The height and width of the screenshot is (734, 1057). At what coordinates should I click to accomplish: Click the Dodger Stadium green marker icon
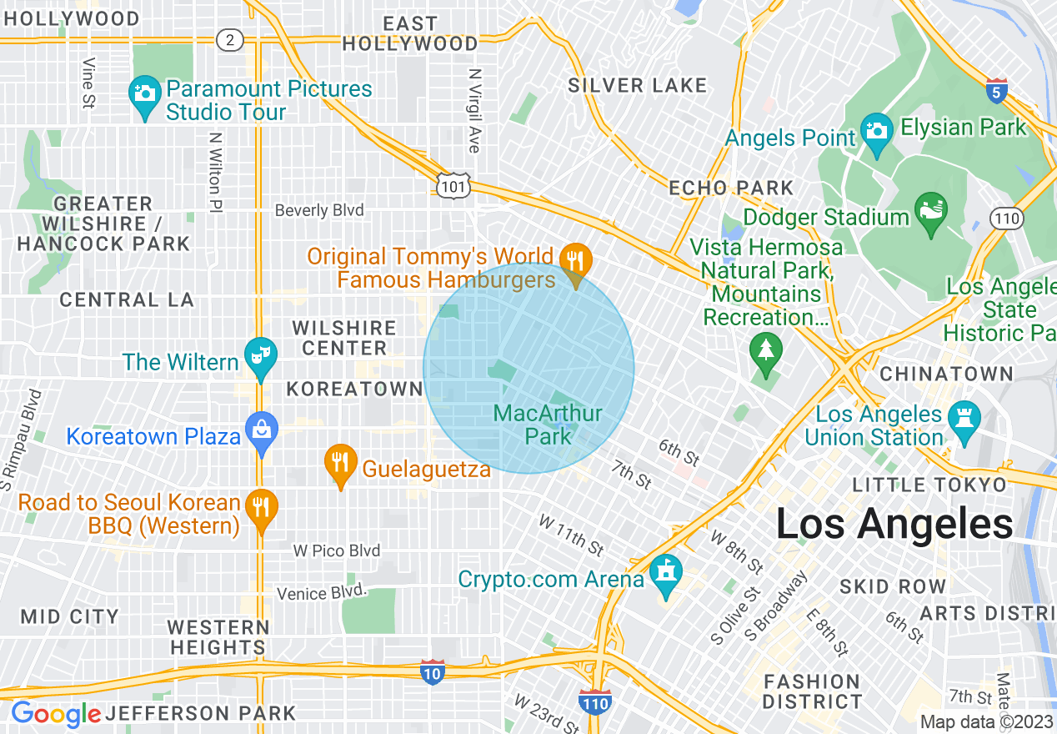[931, 208]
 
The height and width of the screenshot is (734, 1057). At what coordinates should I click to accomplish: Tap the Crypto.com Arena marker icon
[666, 574]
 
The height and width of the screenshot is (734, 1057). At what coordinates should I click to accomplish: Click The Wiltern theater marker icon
[260, 358]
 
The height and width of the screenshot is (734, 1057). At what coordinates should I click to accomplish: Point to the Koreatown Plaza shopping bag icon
[262, 431]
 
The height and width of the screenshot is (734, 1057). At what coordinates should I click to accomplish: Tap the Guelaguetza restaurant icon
[339, 463]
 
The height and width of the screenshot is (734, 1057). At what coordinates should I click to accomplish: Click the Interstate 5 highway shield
[996, 92]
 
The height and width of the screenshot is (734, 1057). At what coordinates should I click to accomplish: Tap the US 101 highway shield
[453, 186]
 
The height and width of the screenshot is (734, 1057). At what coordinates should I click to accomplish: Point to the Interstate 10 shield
[432, 671]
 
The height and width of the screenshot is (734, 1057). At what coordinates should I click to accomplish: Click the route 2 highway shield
[228, 39]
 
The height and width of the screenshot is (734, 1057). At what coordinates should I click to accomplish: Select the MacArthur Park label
[548, 424]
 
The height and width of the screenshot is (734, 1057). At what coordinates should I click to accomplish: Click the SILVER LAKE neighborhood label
[638, 85]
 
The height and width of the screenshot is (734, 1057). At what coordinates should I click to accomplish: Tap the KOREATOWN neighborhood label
[355, 389]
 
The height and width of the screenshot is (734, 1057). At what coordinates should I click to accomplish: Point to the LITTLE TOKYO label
[929, 485]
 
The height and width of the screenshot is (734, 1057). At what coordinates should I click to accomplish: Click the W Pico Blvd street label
[337, 550]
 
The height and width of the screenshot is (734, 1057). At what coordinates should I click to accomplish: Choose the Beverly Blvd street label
[319, 210]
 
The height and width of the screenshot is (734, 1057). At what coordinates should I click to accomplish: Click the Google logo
[55, 715]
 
